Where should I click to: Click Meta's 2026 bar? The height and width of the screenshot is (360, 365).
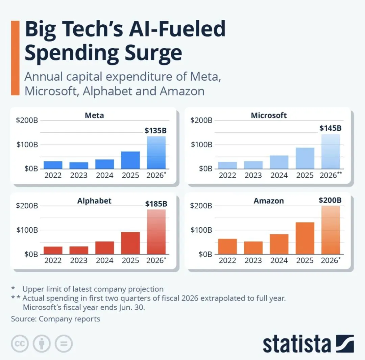coord(156,153)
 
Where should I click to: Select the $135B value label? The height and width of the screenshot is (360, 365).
coord(156,130)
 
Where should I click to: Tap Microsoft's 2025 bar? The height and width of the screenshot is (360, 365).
coord(305,158)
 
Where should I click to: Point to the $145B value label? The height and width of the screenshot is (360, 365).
coord(331,128)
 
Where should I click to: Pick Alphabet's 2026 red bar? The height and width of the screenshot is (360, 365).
coord(156,232)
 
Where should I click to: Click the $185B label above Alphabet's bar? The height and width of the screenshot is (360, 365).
coord(156,204)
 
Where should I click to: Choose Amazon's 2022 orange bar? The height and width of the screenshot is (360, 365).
coord(227,246)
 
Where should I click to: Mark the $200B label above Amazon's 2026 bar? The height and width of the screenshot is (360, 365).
coord(330,200)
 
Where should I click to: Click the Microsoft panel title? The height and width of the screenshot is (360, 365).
coord(269,115)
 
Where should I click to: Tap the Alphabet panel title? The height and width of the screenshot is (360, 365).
coord(94,201)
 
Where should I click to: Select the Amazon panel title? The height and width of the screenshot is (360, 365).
coord(269,201)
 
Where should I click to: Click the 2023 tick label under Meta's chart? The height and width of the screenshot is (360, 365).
coord(79,175)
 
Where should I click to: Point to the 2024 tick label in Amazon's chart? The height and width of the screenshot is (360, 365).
coord(279,260)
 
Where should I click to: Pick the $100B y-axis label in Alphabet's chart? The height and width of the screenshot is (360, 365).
coord(27,230)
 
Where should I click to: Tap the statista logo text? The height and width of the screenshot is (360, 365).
coord(297,344)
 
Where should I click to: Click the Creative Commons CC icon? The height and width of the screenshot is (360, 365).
coord(20,344)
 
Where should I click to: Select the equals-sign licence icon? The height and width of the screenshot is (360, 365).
coord(64,344)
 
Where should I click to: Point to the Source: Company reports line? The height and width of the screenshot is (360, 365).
coord(55,319)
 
